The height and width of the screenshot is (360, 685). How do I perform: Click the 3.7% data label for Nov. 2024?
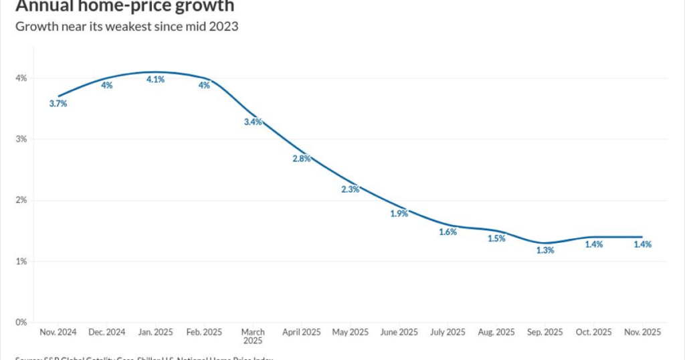click(58, 104)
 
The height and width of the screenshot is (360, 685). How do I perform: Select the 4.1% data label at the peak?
click(156, 80)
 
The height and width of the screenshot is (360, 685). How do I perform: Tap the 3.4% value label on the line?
click(253, 122)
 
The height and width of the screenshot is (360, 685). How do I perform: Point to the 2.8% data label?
click(302, 159)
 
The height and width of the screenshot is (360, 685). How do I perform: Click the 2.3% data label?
click(351, 189)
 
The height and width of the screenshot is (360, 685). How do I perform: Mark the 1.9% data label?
click(399, 213)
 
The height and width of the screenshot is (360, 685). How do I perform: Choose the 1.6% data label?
click(448, 232)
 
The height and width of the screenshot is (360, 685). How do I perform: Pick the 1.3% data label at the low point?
click(545, 250)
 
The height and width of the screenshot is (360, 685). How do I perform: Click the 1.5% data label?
click(496, 238)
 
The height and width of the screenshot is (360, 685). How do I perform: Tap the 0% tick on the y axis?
click(21, 322)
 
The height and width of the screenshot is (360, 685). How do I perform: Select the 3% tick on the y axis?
click(21, 139)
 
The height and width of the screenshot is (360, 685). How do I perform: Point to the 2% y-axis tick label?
click(21, 200)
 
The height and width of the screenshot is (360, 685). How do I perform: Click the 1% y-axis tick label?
click(21, 261)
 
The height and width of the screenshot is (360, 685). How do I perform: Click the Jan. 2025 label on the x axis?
click(156, 333)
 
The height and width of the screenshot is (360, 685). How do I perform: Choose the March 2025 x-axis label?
click(253, 337)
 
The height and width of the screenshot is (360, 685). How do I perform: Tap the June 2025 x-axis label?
click(399, 333)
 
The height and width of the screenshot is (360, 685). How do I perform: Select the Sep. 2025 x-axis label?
click(545, 333)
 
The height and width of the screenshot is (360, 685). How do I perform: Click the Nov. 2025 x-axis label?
click(643, 333)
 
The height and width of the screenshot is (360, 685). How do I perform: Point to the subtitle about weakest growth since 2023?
click(126, 27)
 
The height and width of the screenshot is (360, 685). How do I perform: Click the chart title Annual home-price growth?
click(125, 6)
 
